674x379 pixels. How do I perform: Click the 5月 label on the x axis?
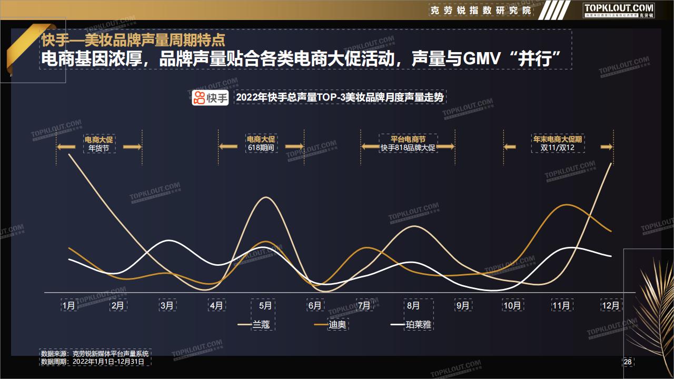265,306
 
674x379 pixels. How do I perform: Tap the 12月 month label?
610,306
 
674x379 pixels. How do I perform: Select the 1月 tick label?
68,306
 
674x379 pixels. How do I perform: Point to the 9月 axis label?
463,306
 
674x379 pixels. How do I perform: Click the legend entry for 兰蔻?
254,325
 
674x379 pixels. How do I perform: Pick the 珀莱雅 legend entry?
411,325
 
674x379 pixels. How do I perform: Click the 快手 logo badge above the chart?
210,98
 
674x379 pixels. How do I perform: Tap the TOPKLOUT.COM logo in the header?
619,11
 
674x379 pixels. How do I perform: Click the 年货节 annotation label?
98,148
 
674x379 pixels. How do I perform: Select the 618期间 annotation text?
261,148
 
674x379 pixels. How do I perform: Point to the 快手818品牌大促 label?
408,148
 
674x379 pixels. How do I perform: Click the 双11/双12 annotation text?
557,148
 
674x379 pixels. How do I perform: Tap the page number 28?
628,362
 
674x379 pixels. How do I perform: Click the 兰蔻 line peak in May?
266,197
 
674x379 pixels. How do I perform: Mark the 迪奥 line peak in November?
567,205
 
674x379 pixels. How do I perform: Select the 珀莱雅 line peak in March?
168,241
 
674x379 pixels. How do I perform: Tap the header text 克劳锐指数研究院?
481,11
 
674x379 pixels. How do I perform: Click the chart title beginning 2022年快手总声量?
340,97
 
